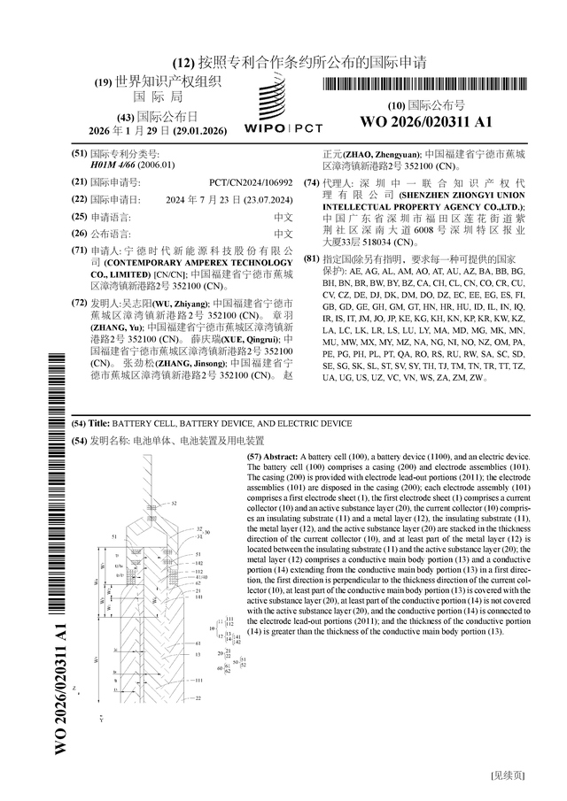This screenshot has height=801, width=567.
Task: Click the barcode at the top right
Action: point(425,86)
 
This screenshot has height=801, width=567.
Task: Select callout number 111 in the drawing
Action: point(229,620)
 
